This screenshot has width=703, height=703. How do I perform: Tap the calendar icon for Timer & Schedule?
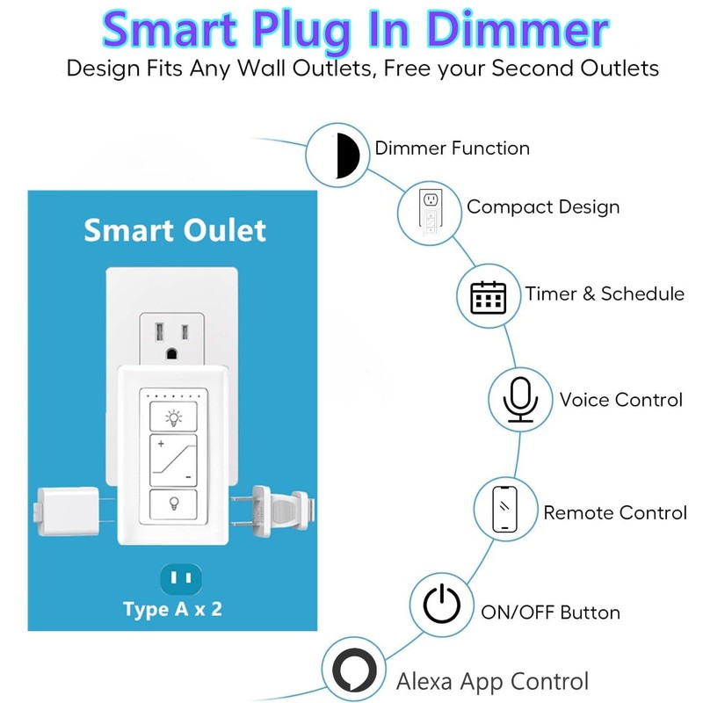click(x=489, y=297)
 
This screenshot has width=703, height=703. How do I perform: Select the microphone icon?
click(x=520, y=400)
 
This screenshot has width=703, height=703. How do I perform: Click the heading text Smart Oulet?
click(x=174, y=230)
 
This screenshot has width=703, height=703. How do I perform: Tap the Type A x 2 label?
click(x=172, y=609)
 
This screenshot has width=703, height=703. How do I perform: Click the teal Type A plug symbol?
click(x=181, y=579)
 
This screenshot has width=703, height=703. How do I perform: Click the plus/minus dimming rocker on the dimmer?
click(x=175, y=460)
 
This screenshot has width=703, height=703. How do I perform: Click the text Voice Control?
click(x=620, y=400)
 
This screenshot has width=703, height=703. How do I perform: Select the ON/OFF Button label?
click(x=550, y=612)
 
